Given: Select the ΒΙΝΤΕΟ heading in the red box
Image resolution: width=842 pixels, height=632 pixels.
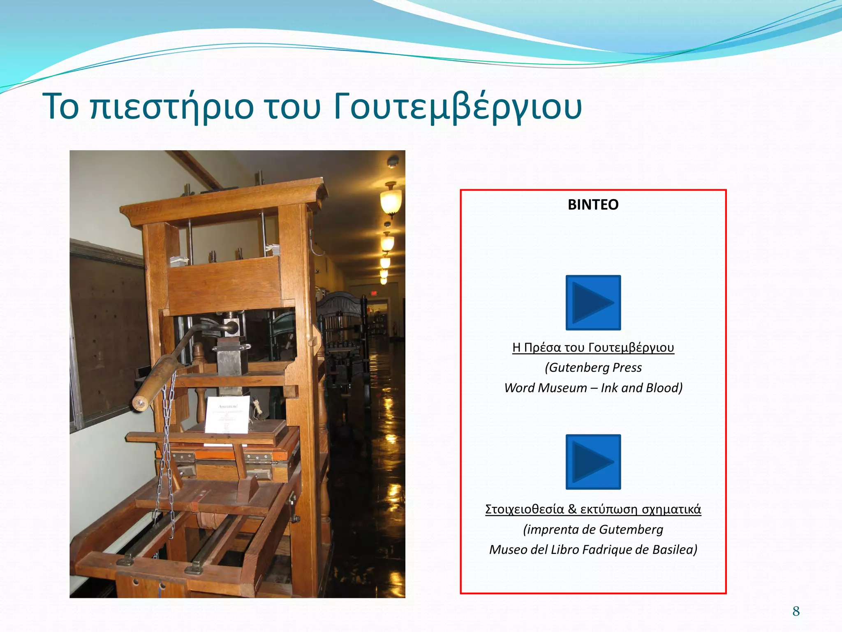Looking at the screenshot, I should click(x=593, y=204).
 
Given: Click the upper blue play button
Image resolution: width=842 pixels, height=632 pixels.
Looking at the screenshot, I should click(x=593, y=302).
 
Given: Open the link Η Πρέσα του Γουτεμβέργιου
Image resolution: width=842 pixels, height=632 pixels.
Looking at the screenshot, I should click(x=593, y=348).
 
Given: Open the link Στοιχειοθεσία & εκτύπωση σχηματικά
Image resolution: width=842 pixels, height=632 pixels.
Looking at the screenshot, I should click(x=593, y=509).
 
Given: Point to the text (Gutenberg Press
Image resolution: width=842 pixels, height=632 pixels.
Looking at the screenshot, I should click(x=593, y=367).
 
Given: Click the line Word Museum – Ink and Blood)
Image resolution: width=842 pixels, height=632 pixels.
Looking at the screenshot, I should click(x=593, y=388).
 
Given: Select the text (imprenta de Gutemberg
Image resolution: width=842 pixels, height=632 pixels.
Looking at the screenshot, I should click(x=593, y=530).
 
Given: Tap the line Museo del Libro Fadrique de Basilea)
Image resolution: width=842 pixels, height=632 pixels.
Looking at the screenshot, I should click(x=593, y=550).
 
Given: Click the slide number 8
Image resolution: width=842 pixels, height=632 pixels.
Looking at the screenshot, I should click(x=796, y=611).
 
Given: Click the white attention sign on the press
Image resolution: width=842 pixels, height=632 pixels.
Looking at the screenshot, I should click(x=227, y=415).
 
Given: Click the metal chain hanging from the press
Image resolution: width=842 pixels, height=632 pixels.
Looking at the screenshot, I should click(x=167, y=453).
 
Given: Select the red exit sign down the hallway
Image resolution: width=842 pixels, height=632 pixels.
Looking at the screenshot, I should click(x=374, y=293).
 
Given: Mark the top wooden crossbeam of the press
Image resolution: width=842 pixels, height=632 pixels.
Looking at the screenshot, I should click(x=222, y=202).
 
